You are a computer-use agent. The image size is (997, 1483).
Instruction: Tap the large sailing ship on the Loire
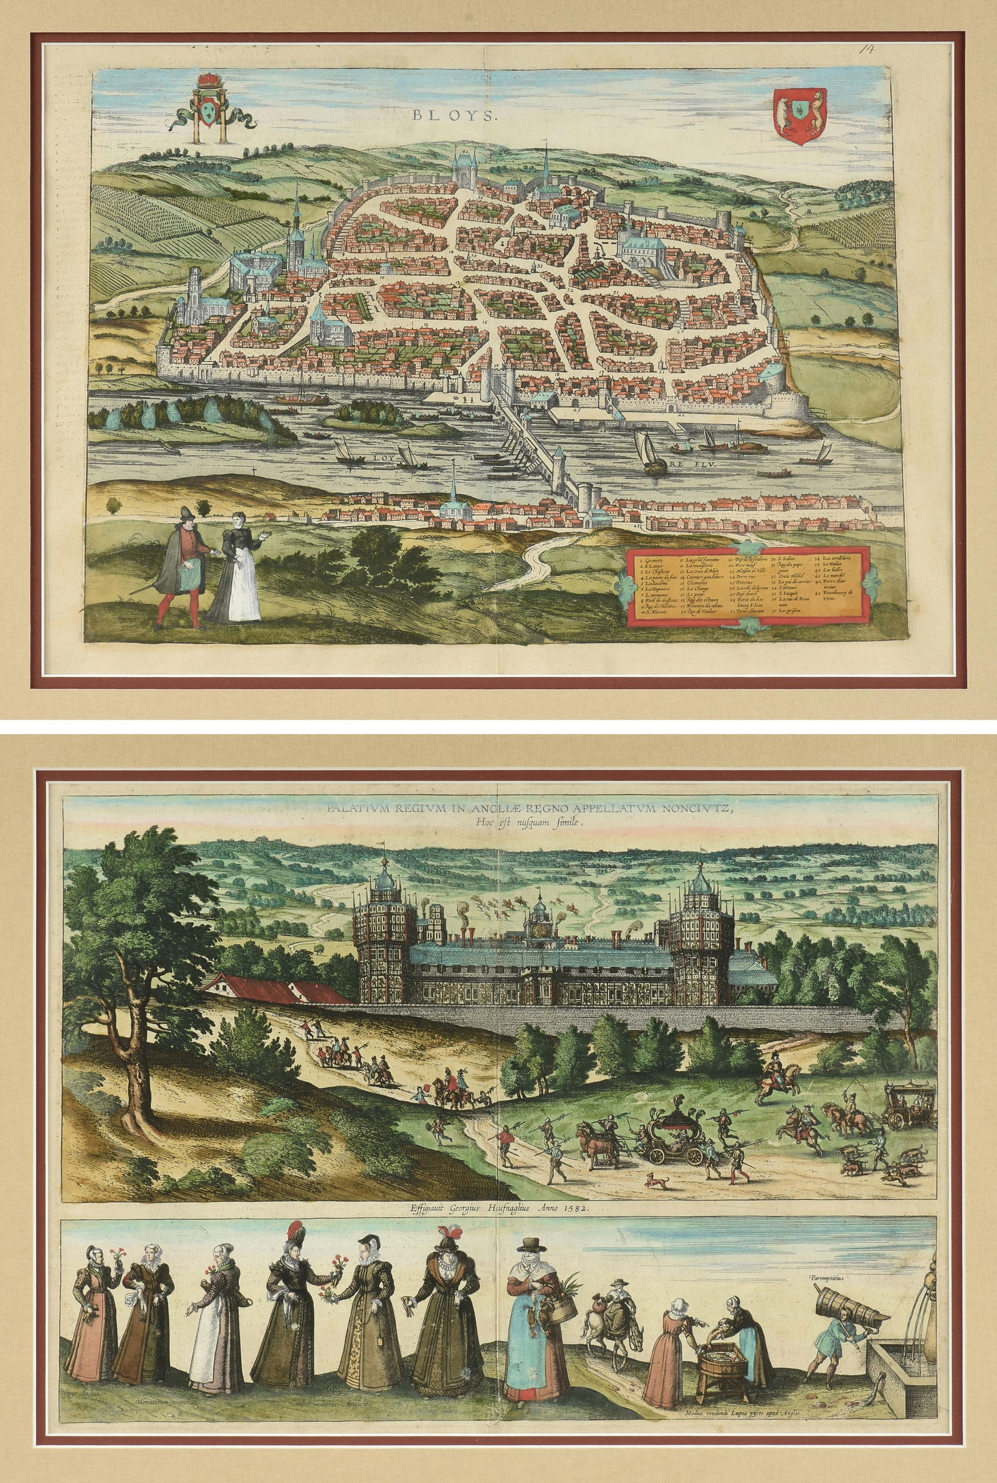[653, 455]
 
